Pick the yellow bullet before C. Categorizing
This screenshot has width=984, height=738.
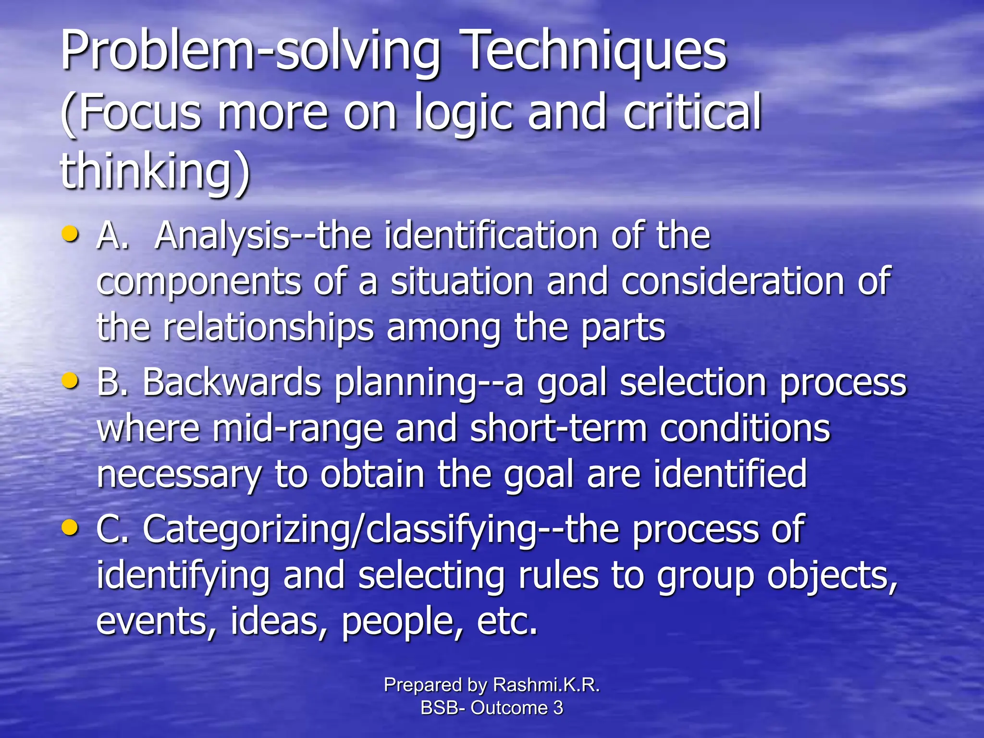[70, 527]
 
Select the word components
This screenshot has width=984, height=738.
[198, 282]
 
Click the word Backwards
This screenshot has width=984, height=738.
[232, 382]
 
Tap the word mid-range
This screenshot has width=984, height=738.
[297, 429]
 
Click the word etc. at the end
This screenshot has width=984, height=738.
[507, 621]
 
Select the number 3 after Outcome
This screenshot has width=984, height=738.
[558, 708]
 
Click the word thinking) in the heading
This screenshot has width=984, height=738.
[155, 171]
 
